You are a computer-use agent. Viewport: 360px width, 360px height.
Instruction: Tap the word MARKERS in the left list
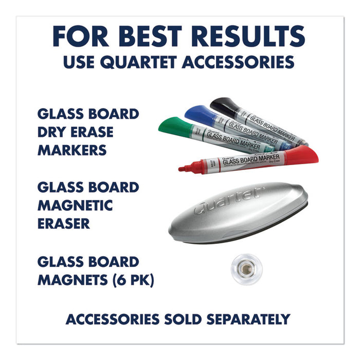73,150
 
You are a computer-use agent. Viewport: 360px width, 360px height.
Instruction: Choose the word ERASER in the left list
64,224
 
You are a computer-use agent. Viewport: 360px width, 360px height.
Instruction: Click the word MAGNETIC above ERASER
75,205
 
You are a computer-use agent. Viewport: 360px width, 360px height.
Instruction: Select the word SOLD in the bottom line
186,319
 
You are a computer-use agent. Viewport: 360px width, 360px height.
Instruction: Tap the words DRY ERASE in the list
75,132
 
